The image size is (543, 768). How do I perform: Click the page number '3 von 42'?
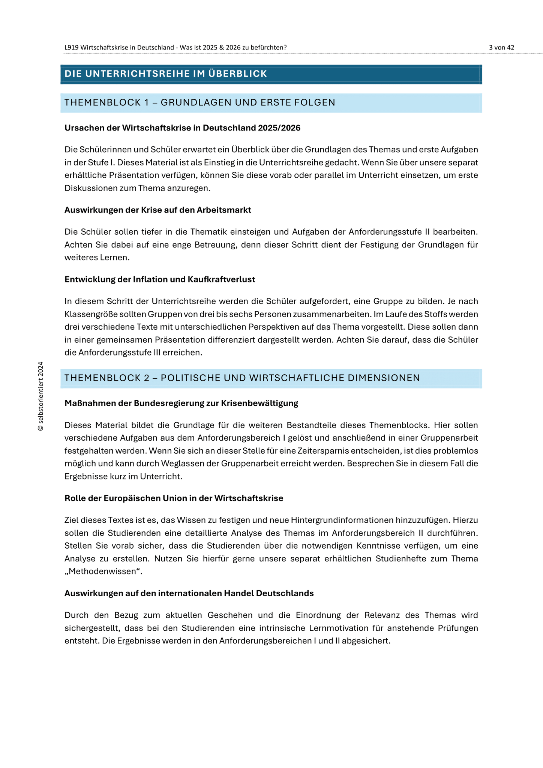(501, 48)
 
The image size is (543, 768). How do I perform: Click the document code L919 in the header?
(72, 48)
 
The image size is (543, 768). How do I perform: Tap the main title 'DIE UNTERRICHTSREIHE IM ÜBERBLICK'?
(166, 74)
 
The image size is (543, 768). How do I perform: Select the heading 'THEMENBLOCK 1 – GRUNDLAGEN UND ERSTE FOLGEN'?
(200, 102)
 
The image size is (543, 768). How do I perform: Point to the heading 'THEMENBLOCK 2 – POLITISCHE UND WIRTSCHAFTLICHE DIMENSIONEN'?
(242, 378)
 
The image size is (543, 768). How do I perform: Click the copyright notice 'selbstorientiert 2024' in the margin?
(41, 396)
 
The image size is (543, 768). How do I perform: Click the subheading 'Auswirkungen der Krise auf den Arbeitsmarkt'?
(157, 210)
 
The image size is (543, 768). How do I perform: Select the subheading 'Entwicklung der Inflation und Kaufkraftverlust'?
(160, 279)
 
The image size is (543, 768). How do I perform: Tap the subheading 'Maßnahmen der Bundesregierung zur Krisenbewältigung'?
(181, 403)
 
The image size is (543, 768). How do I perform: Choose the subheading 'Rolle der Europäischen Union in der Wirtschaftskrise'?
(174, 498)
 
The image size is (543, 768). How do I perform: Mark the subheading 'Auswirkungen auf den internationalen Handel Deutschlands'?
(189, 593)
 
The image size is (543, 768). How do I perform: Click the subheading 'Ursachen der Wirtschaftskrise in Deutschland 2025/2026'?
(182, 128)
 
